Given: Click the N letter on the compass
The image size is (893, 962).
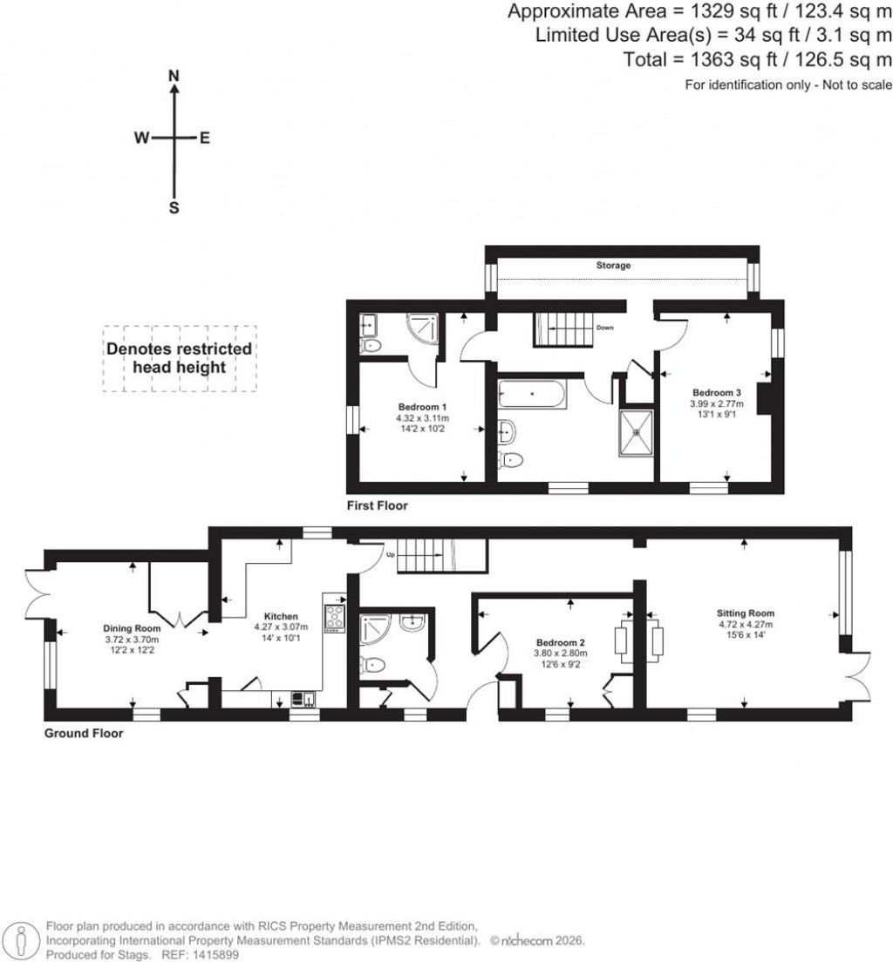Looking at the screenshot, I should (174, 77).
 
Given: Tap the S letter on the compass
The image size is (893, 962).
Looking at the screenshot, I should (174, 208).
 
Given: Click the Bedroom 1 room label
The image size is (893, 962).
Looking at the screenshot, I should (423, 407).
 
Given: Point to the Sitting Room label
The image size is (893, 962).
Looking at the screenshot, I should (745, 613).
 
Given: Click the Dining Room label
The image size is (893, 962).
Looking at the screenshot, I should (132, 628).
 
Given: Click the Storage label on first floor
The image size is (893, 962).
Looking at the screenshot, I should (613, 265).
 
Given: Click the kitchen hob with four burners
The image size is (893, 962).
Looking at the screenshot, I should (335, 617).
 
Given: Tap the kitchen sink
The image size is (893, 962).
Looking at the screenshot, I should (303, 697).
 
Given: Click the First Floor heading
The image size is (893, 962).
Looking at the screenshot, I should (377, 505).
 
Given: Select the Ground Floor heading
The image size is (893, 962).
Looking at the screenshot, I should (84, 734).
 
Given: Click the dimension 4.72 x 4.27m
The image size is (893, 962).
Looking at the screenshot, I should (745, 624).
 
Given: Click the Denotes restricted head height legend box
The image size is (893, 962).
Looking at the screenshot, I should (180, 358).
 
